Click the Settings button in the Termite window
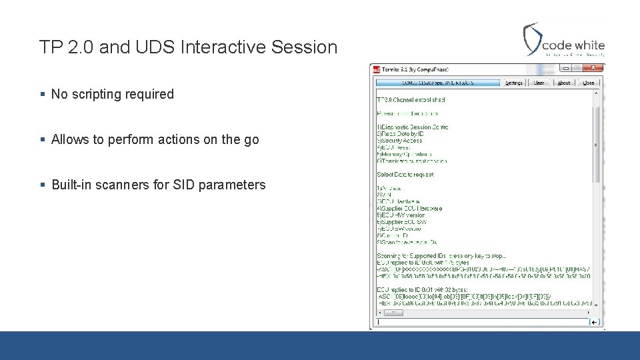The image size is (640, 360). (514, 83)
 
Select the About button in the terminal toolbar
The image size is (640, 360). (564, 83)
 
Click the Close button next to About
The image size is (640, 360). (588, 83)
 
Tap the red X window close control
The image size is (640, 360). (595, 68)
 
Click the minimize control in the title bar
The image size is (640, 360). (566, 68)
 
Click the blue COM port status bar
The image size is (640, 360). (437, 83)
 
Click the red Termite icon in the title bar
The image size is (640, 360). (376, 69)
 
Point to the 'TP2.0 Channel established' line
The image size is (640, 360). (411, 100)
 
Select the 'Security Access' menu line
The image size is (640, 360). (400, 141)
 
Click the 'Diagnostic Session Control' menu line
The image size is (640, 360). (413, 127)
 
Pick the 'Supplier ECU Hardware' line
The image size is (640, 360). (409, 209)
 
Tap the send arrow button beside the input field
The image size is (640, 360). (595, 322)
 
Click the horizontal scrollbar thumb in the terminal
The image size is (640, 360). (393, 312)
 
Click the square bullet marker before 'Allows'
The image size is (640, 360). (43, 139)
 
